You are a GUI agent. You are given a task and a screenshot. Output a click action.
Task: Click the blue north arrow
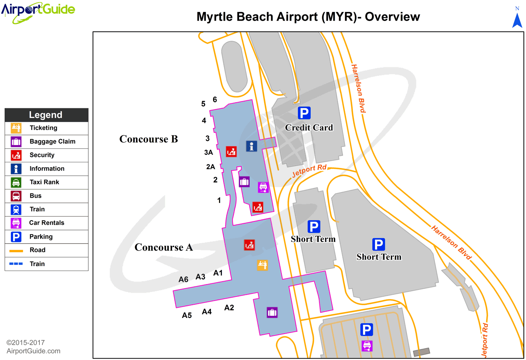517,20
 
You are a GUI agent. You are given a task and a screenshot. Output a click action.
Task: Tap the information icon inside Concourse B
251,146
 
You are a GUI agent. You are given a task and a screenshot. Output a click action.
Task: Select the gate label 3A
209,153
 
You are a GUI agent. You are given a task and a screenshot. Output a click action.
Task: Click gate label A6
183,280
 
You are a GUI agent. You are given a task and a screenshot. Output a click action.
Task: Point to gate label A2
229,308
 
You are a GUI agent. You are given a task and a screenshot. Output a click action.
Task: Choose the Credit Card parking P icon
304,113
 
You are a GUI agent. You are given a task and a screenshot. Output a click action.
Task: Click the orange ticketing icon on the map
262,265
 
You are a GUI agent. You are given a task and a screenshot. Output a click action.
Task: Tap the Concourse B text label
148,139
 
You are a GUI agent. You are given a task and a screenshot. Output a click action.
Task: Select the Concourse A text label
163,247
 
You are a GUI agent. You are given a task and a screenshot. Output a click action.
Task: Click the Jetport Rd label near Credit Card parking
309,171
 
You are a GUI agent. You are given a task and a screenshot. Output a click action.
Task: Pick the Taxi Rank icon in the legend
16,182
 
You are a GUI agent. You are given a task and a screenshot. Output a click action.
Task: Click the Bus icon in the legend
16,196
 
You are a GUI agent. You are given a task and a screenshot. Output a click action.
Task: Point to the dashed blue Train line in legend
16,264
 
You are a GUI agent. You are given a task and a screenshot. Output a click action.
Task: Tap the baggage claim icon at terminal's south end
272,312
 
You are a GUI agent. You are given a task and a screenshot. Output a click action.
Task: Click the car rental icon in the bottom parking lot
367,345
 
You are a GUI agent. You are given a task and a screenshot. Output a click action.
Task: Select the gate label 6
215,100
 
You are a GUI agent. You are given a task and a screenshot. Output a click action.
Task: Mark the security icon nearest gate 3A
231,151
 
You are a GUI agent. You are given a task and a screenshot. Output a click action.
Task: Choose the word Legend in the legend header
46,115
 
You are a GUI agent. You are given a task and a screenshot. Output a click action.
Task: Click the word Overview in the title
392,17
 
